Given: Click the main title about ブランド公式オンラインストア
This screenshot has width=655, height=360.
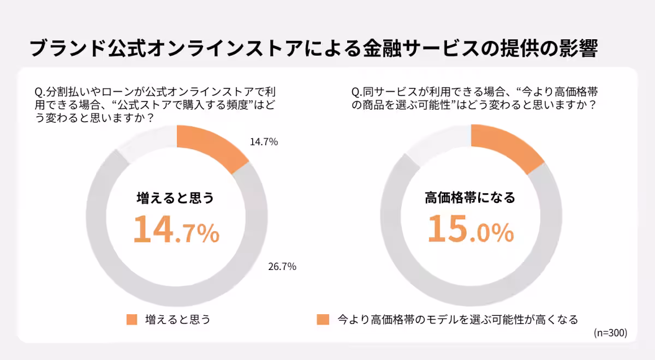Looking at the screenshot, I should pos(313,48).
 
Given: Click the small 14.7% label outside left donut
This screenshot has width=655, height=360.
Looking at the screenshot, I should pos(264,142).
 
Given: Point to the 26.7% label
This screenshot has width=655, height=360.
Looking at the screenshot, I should pos(282,267).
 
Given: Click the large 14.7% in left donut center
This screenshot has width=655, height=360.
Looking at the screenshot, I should pos(176,230).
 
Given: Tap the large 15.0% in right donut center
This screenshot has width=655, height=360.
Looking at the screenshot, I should pos(470,230).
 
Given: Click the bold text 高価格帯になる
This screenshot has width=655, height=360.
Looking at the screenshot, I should pos(470,198).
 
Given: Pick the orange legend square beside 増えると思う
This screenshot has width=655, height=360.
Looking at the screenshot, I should pos(132,320).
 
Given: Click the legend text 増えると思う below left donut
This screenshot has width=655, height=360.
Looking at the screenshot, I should pos(177,320).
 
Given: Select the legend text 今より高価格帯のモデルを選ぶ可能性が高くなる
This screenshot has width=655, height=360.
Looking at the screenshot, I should pos(457,320).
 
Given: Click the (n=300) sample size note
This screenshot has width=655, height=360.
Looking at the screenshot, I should pos(610,333).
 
